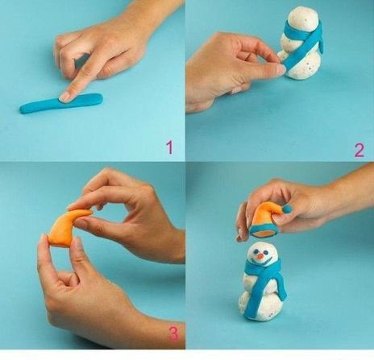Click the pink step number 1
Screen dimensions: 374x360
point(169,147)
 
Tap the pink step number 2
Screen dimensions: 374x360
point(359,151)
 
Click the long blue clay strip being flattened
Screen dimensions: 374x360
point(61,103)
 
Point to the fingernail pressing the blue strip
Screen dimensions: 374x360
point(64,97)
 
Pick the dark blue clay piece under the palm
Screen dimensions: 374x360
point(82,60)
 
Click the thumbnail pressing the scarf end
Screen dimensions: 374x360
point(280,69)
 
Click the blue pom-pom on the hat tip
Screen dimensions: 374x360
point(287,209)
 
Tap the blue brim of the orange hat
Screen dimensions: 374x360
point(263,232)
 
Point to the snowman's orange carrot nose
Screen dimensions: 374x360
point(260,258)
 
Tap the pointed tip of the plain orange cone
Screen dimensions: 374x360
point(91,212)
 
